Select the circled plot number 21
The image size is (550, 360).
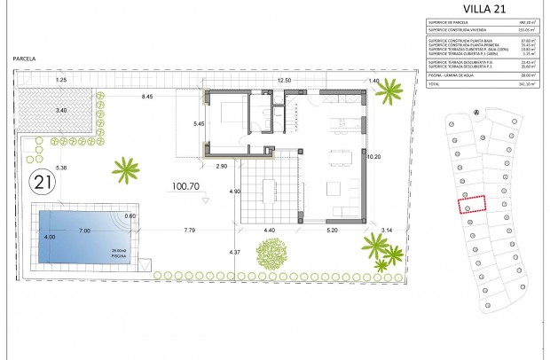pos(41,184)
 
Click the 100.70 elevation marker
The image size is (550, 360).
pos(185,187)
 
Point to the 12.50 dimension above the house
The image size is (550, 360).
pos(285,81)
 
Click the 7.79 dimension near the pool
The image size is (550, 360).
pos(190,231)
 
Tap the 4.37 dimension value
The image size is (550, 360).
pos(235,253)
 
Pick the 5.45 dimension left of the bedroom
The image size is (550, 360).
pos(200,123)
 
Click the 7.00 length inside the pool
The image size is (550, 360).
pos(85,231)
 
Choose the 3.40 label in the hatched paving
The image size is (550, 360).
pos(60,110)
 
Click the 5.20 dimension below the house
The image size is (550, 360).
pos(332,231)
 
